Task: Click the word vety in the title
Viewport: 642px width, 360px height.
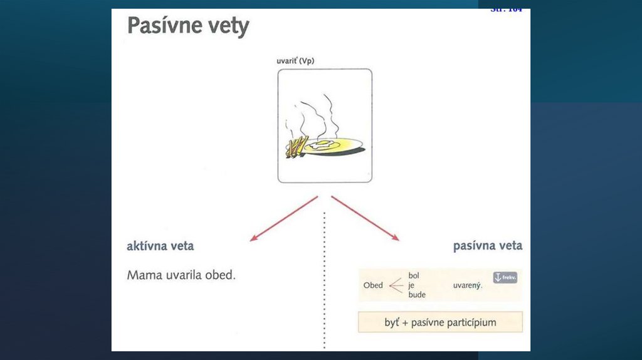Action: (229, 27)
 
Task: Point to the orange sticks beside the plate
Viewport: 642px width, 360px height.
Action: (296, 146)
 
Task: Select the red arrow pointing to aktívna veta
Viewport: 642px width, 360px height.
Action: (283, 218)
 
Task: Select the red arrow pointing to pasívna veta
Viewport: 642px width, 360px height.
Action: (366, 218)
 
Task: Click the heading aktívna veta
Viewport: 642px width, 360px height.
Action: (160, 246)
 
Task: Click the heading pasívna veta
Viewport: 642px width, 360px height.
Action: (487, 246)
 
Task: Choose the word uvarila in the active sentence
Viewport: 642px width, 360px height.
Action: (184, 275)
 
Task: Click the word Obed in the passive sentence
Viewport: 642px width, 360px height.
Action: (373, 285)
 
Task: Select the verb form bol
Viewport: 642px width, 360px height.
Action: (414, 275)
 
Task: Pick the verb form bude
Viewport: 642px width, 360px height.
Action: (416, 294)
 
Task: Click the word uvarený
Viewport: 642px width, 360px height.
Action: (467, 285)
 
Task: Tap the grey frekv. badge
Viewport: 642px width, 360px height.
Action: (505, 277)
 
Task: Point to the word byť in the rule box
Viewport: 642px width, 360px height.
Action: (392, 322)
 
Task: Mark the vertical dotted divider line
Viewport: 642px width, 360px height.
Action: (324, 282)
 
